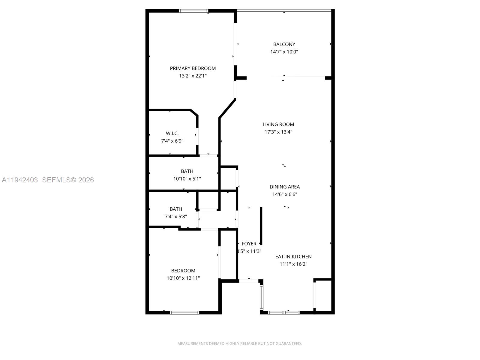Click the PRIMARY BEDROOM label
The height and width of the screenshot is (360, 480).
point(193,68)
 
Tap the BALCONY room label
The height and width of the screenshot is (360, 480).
point(284,44)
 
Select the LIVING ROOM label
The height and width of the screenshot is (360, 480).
point(278,124)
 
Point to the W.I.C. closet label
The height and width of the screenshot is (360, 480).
point(172,133)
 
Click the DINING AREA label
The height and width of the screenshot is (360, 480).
point(284,187)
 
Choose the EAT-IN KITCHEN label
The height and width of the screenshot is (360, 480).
point(293,257)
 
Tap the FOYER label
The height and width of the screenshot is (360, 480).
point(249,244)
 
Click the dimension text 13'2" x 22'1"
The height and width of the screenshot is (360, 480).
point(193,76)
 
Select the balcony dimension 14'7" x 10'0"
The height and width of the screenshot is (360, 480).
point(284,52)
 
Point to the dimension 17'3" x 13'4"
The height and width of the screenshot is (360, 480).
point(278,132)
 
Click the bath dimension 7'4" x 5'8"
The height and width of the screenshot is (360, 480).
point(176,217)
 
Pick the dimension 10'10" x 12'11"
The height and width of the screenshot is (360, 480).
point(183,278)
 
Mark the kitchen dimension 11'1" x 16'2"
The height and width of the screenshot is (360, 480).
point(293,264)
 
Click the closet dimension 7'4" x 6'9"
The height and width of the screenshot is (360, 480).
point(172,141)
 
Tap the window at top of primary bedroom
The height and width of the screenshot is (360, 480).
point(193,11)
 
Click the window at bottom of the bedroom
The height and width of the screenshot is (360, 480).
point(184,313)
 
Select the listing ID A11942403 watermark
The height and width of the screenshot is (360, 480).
point(20,180)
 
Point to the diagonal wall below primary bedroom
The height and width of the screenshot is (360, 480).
point(227,108)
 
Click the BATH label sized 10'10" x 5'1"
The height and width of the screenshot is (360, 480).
point(187,171)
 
